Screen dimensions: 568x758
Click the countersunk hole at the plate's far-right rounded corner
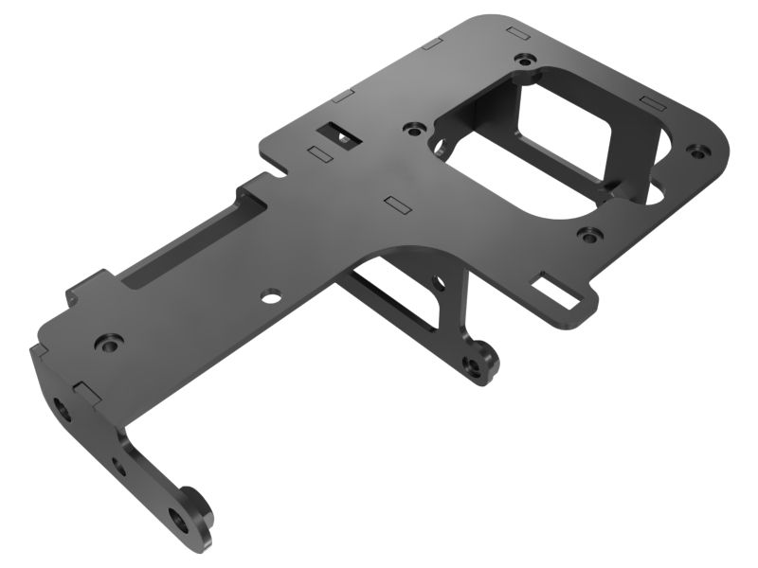pyautogui.click(x=698, y=149)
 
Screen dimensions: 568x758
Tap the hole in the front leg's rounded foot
pyautogui.click(x=178, y=516)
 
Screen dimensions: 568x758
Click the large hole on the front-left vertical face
pyautogui.click(x=63, y=410)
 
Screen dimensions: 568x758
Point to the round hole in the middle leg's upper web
pyautogui.click(x=439, y=281)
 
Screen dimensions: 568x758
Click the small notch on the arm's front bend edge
pyautogui.click(x=82, y=390)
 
